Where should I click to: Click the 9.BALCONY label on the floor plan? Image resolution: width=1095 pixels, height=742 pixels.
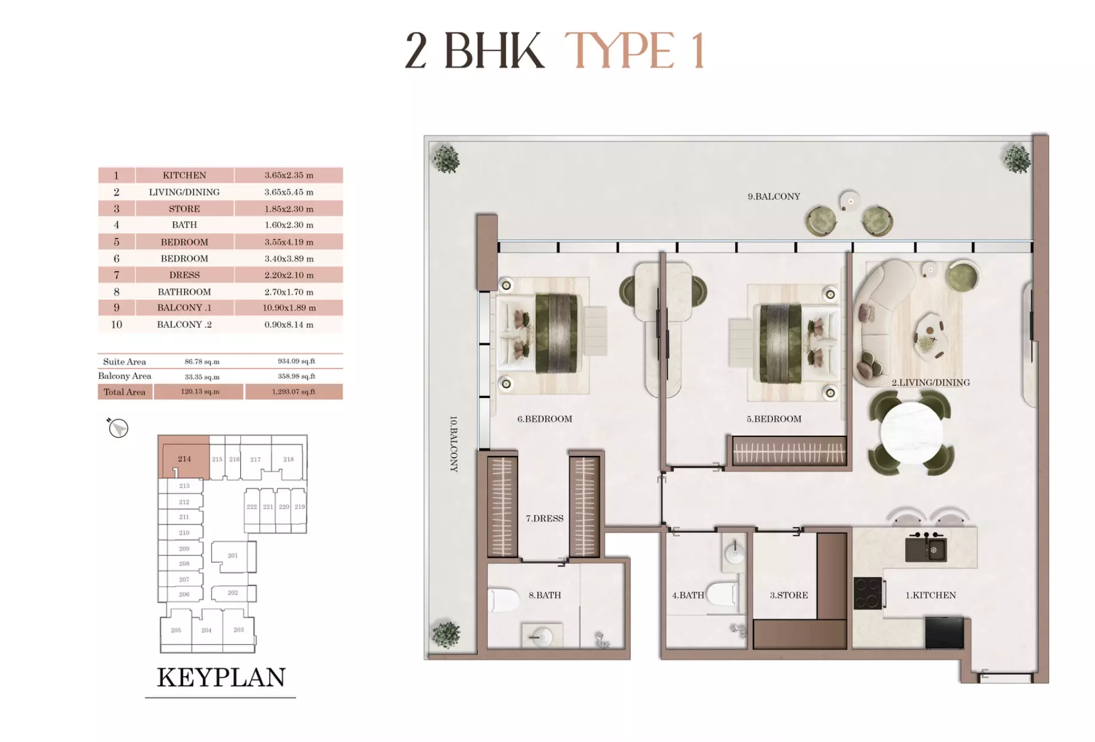point(773,197)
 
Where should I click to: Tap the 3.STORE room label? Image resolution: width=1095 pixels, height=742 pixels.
point(788,595)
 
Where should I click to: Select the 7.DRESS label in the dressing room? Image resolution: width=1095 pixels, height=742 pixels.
point(544,518)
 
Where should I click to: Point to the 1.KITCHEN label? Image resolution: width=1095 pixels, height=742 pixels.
point(930,595)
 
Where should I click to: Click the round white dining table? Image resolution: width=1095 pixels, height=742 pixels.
point(911,432)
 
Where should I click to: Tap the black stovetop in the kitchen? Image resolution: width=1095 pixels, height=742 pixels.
point(867,593)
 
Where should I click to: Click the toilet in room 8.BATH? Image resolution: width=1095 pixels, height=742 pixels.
point(504,599)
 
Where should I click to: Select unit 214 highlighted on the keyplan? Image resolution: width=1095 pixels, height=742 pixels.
point(184,459)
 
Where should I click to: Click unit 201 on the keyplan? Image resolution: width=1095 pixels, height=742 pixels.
point(232,556)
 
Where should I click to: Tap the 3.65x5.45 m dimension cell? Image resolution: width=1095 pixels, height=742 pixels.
point(289,192)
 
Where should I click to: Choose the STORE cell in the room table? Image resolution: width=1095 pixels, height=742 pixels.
point(184,209)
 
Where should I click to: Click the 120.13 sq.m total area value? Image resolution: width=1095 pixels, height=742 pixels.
point(200,392)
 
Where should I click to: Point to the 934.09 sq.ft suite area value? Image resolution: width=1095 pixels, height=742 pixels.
point(296,361)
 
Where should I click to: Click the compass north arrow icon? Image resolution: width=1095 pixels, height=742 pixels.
point(118,428)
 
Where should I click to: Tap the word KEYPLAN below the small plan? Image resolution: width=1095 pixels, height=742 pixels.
point(221,678)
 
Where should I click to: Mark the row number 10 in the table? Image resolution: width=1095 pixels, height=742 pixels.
point(116,324)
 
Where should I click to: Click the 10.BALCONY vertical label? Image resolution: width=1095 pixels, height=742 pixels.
point(453,444)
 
